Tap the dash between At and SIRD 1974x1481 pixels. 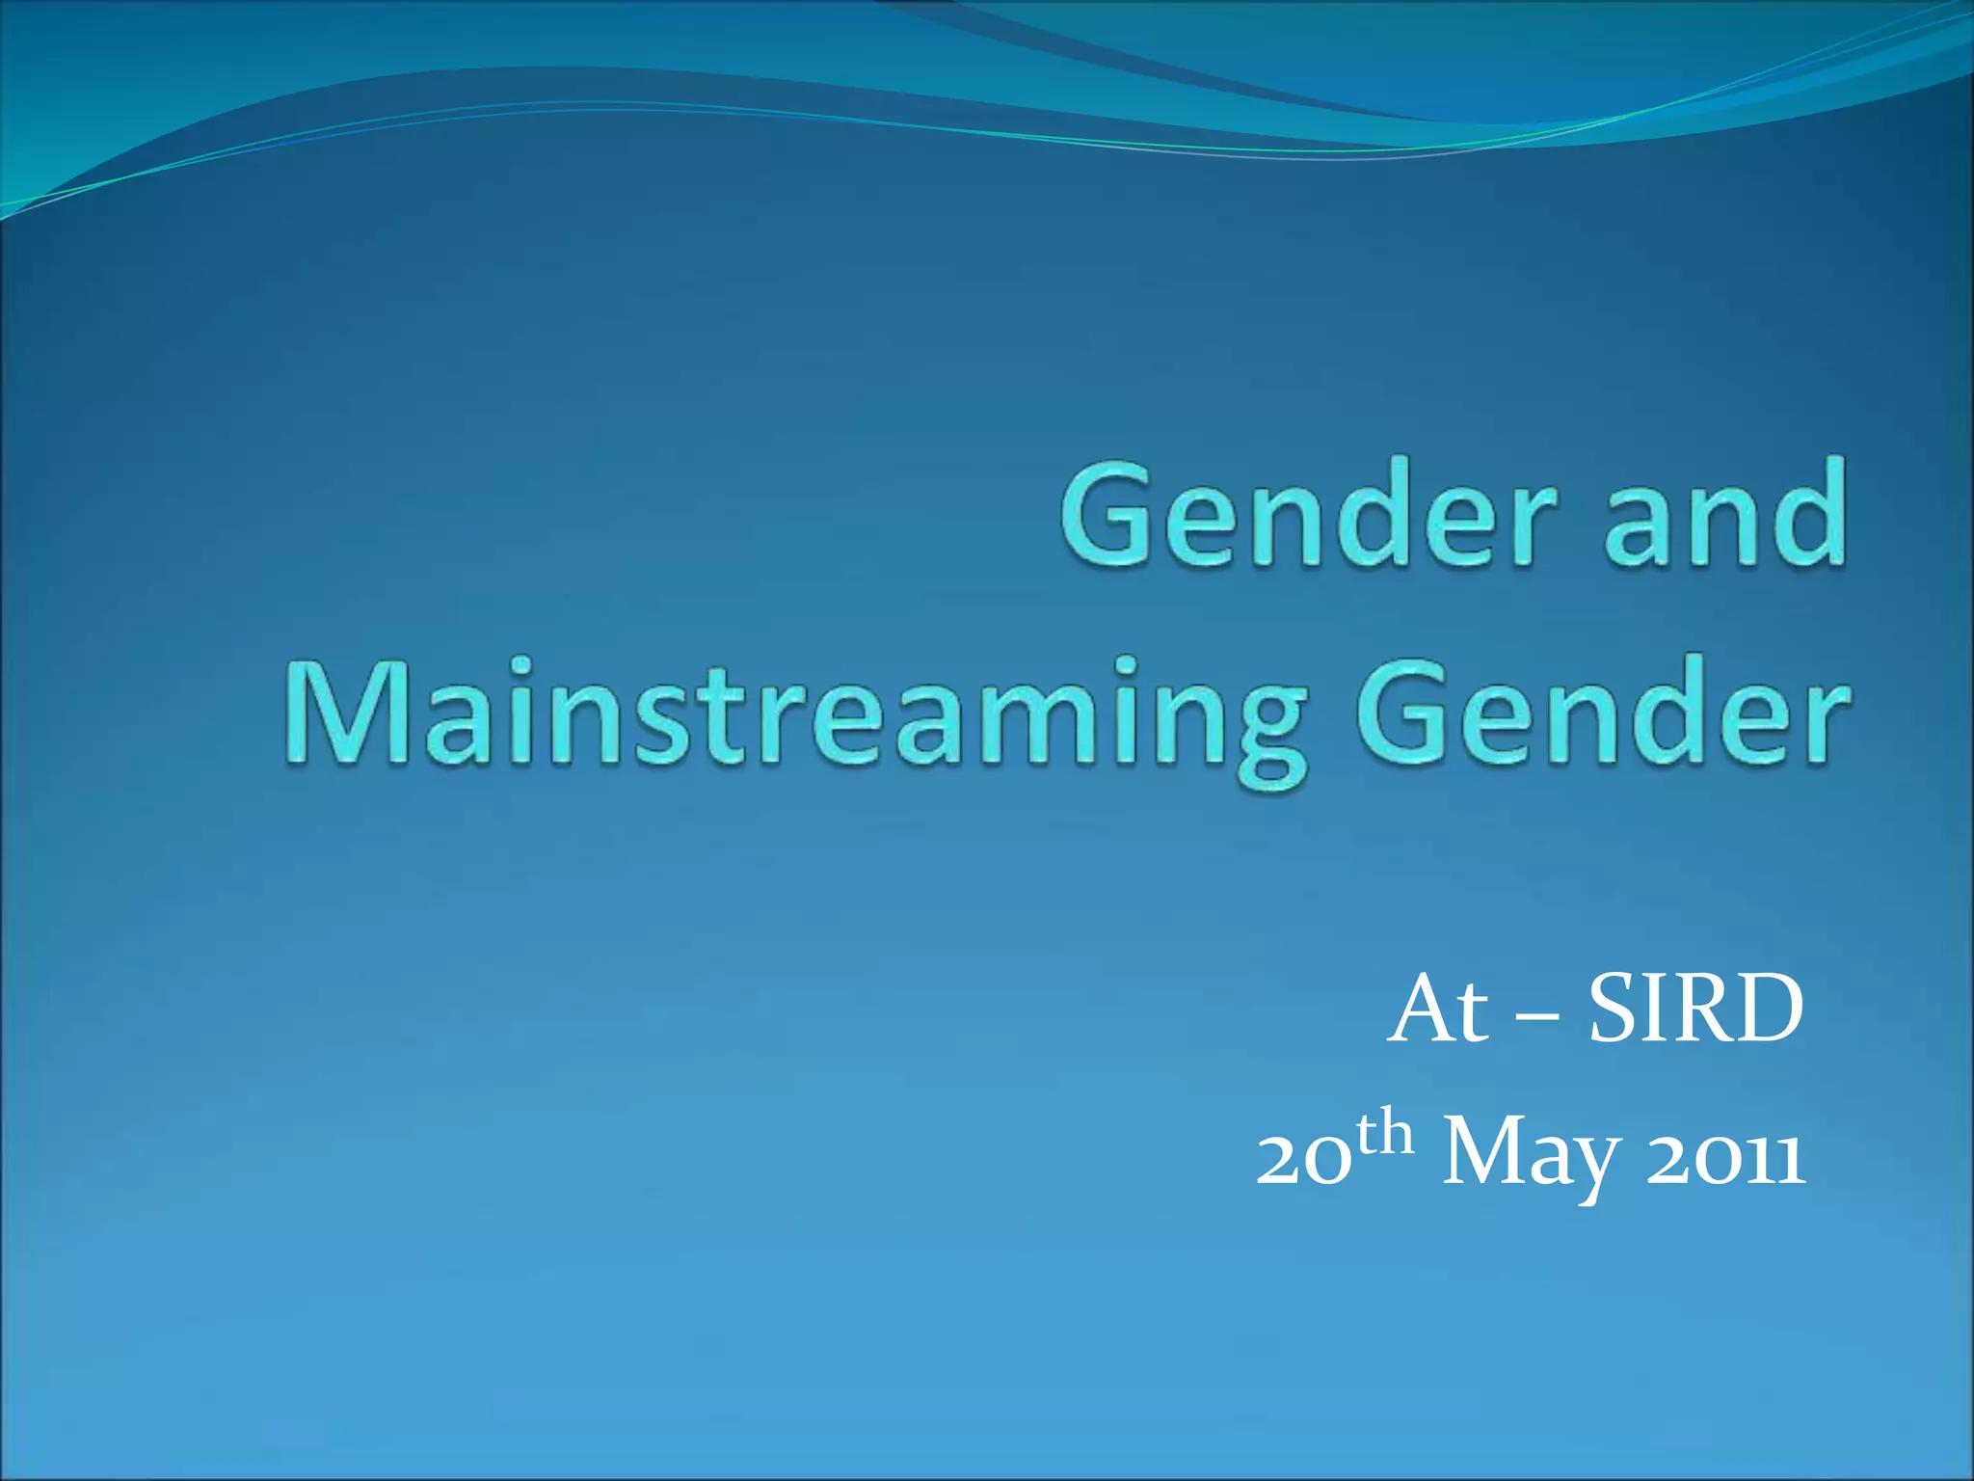1536,1018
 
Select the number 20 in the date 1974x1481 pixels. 1301,1161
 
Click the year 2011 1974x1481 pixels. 1724,1161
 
